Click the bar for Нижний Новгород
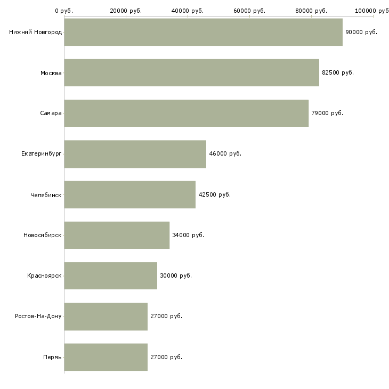pos(203,32)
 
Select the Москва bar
pos(191,72)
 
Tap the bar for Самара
pos(186,113)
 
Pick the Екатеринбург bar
pos(135,154)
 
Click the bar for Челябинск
pos(129,194)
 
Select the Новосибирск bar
pos(117,235)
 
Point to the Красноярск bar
pos(110,275)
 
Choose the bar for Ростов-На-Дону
pos(106,317)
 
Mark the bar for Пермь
pos(106,357)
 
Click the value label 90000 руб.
pos(361,32)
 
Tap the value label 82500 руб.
pos(338,72)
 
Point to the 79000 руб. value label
pos(327,113)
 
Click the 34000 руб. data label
pos(188,235)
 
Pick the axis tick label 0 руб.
pos(64,10)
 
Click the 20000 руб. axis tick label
pos(126,10)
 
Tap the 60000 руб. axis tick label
pos(249,10)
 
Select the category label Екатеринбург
pos(42,154)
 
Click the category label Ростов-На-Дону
pos(38,317)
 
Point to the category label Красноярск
pos(44,275)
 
